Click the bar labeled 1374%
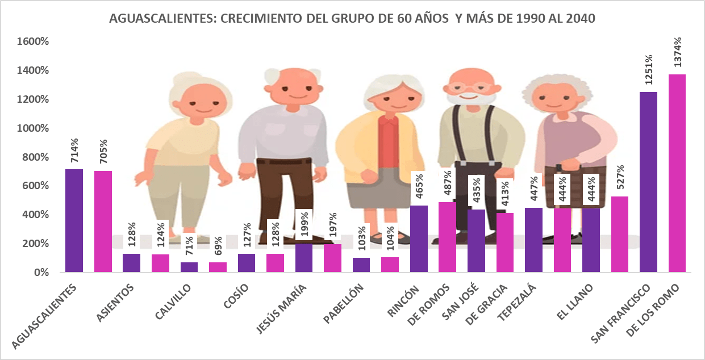click(x=677, y=173)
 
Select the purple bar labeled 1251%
click(x=648, y=182)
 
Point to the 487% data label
click(x=447, y=182)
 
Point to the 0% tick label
click(x=42, y=273)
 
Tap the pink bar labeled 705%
click(x=103, y=221)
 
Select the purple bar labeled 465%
click(x=419, y=238)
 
